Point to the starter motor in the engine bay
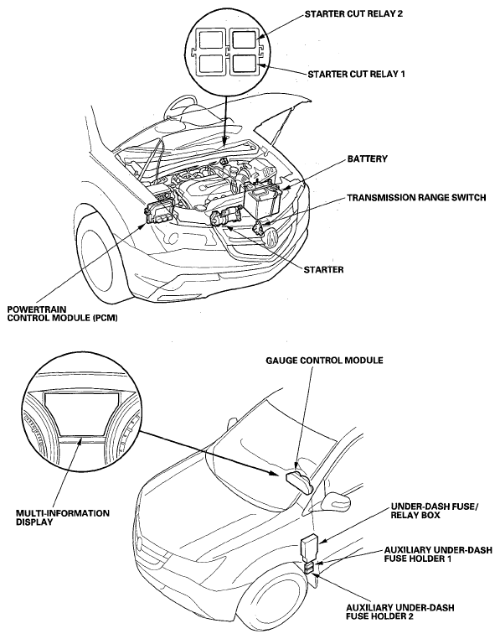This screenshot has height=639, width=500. (x=224, y=219)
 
